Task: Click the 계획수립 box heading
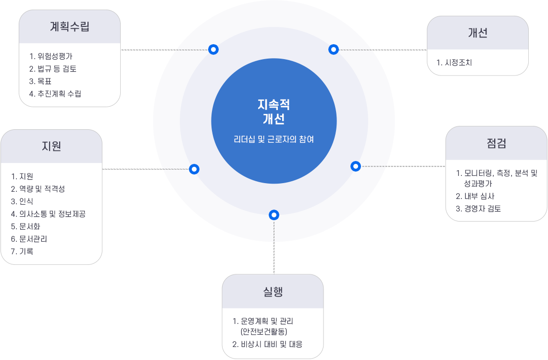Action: pyautogui.click(x=70, y=26)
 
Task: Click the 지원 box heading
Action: pyautogui.click(x=51, y=146)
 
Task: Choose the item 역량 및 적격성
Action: pyautogui.click(x=42, y=189)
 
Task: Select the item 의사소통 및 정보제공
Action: pyautogui.click(x=52, y=214)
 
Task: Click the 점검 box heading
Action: pyautogui.click(x=497, y=143)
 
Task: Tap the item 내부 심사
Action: pyautogui.click(x=479, y=196)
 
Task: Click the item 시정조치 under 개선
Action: pyautogui.click(x=458, y=62)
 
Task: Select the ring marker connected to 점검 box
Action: pyautogui.click(x=355, y=166)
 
